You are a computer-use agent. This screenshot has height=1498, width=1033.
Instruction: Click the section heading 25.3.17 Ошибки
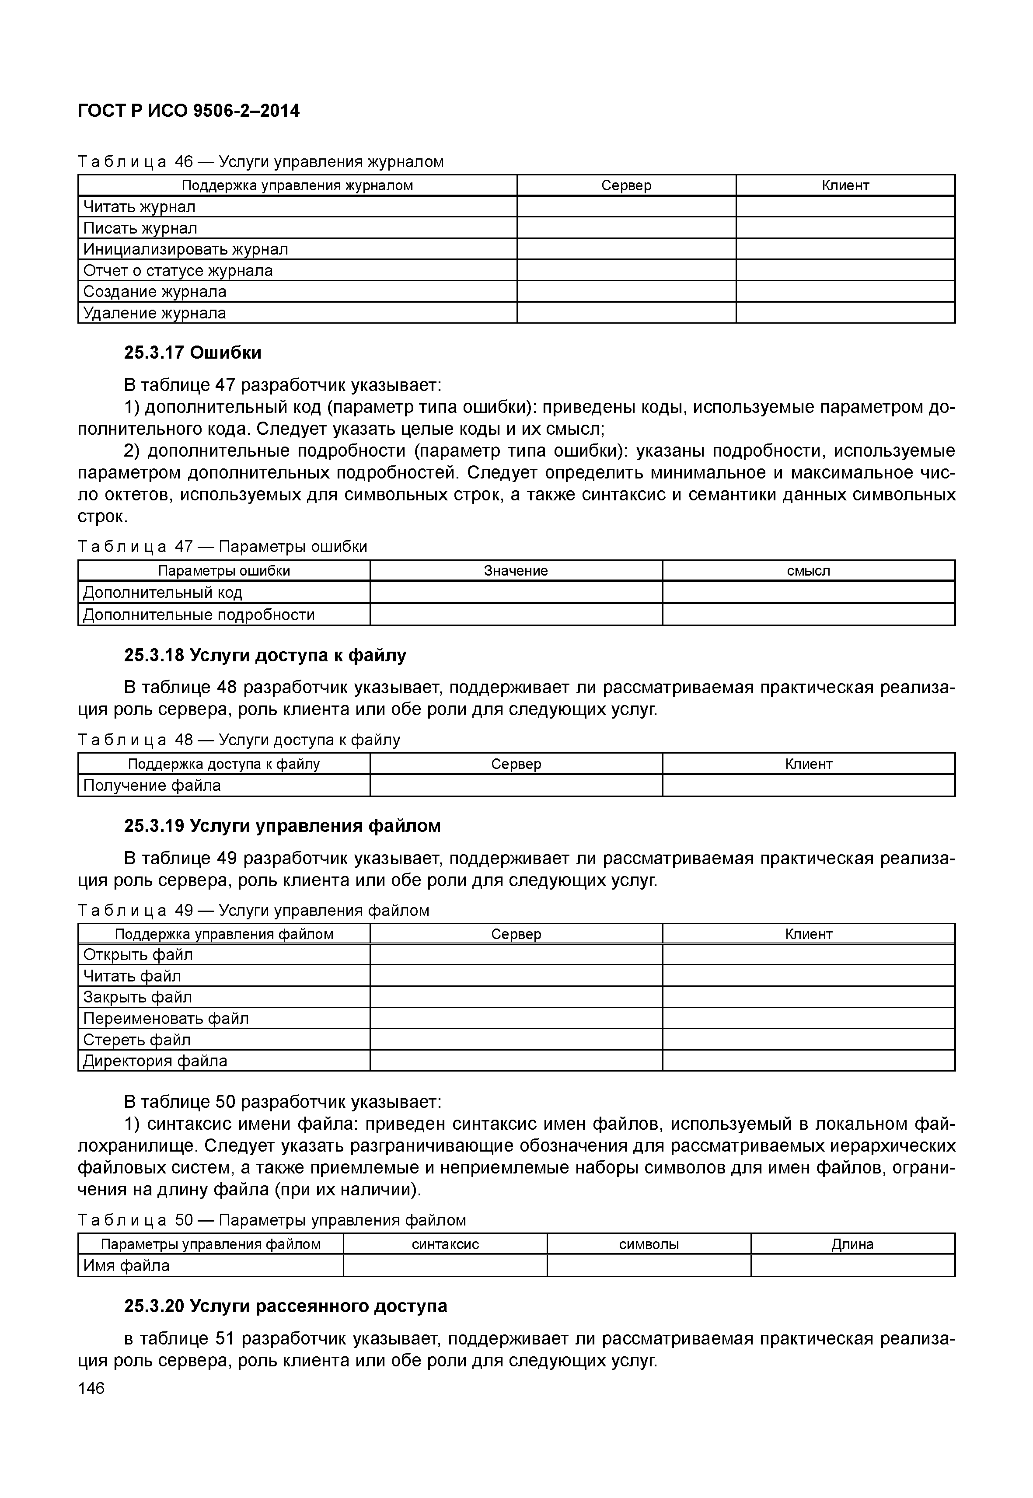tap(193, 353)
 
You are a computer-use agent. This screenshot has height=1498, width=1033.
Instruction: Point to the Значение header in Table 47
tap(516, 571)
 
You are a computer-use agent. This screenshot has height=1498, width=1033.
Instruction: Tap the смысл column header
tap(808, 571)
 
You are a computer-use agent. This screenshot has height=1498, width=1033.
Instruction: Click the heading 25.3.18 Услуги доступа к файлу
tap(265, 656)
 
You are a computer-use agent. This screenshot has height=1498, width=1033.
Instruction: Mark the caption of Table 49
tap(253, 911)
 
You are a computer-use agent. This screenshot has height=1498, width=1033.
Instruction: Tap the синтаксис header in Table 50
tap(445, 1244)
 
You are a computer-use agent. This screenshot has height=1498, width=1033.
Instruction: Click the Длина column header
tap(852, 1244)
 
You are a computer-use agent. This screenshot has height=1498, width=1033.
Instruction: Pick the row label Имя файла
tap(126, 1266)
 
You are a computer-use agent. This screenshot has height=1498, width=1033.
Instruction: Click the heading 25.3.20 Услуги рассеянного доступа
tap(286, 1306)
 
